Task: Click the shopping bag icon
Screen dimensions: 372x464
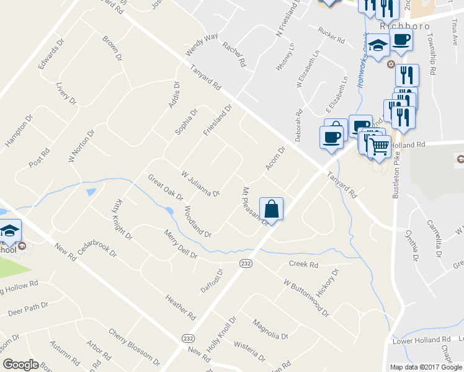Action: pos(271,208)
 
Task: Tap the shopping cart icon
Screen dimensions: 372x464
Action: pos(378,147)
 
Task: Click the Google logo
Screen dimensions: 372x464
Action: pos(20,365)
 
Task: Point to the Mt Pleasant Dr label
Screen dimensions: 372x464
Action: pos(254,205)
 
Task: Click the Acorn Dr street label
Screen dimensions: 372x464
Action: pos(274,158)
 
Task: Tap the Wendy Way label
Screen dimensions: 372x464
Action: pos(202,45)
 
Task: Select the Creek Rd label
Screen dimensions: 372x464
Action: pos(303,265)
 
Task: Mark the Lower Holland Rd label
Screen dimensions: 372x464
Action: pos(421,340)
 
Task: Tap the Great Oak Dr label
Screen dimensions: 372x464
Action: pos(165,187)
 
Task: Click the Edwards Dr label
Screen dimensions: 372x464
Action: pos(51,55)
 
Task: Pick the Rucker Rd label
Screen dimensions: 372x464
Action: pos(331,36)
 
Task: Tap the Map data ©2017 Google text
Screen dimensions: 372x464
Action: pos(425,366)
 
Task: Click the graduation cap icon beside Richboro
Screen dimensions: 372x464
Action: pos(378,45)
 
